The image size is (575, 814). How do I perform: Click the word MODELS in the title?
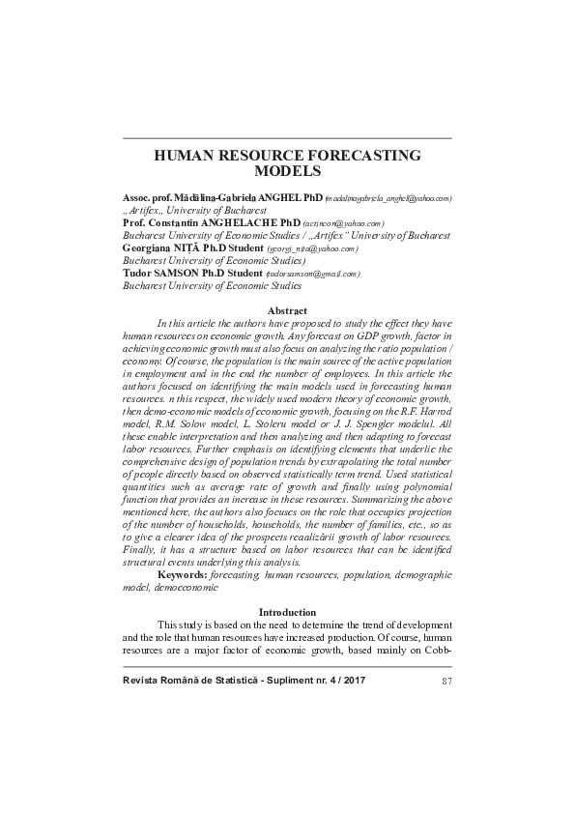pyautogui.click(x=287, y=172)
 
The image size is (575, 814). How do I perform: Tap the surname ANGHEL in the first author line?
pyautogui.click(x=273, y=197)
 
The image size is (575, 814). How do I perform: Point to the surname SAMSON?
pyautogui.click(x=175, y=274)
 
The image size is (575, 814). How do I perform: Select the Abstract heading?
pyautogui.click(x=287, y=309)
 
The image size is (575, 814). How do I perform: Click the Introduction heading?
pyautogui.click(x=287, y=612)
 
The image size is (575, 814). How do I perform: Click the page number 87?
pyautogui.click(x=446, y=683)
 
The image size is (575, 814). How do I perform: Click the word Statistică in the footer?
pyautogui.click(x=216, y=683)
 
